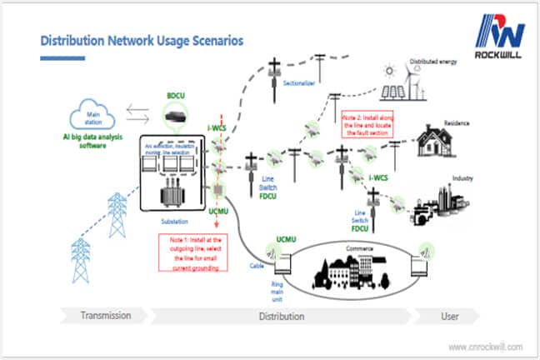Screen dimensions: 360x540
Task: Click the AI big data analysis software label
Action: pyautogui.click(x=82, y=141)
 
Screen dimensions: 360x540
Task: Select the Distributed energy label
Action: pyautogui.click(x=435, y=62)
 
